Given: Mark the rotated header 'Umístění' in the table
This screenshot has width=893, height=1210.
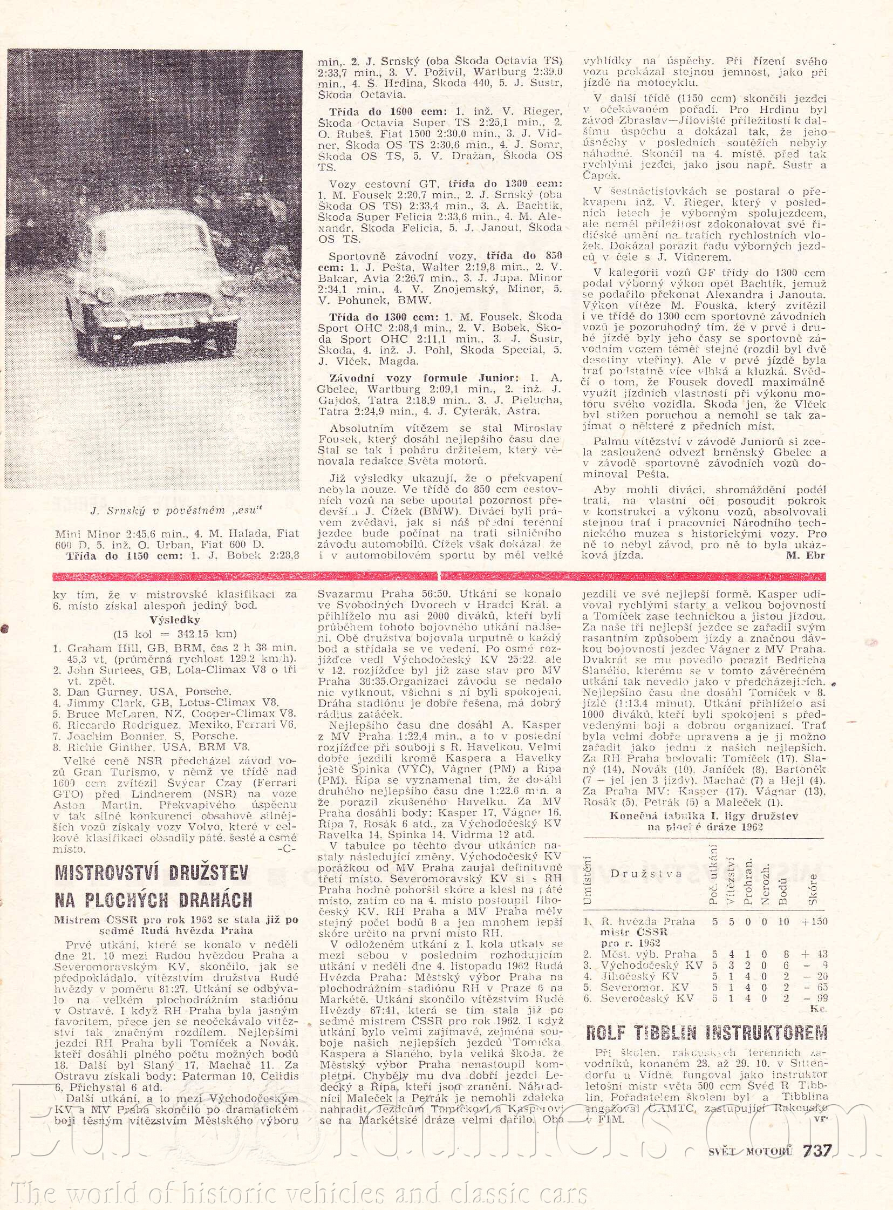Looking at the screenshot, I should [589, 879].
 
